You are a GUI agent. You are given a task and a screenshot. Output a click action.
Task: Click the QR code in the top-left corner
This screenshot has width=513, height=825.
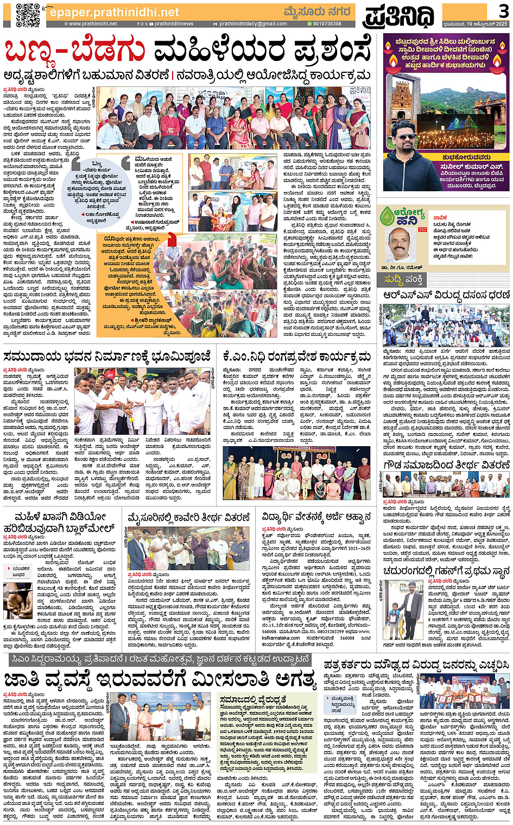point(27,15)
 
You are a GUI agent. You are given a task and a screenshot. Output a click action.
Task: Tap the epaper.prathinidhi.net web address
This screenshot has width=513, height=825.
point(114,12)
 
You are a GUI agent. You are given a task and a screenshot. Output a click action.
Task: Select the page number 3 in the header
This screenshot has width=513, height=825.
point(504,10)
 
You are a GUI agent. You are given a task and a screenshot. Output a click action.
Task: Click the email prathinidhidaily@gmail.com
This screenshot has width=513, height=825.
point(253,24)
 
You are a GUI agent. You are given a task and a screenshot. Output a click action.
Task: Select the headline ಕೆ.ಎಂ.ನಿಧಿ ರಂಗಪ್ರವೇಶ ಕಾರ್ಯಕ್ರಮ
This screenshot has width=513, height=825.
point(296,357)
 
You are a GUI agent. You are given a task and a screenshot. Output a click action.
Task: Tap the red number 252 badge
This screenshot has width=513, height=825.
point(422,230)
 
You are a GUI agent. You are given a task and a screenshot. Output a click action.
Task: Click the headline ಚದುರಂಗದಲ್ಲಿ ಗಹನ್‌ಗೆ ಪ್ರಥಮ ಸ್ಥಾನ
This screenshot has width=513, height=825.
point(446,571)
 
